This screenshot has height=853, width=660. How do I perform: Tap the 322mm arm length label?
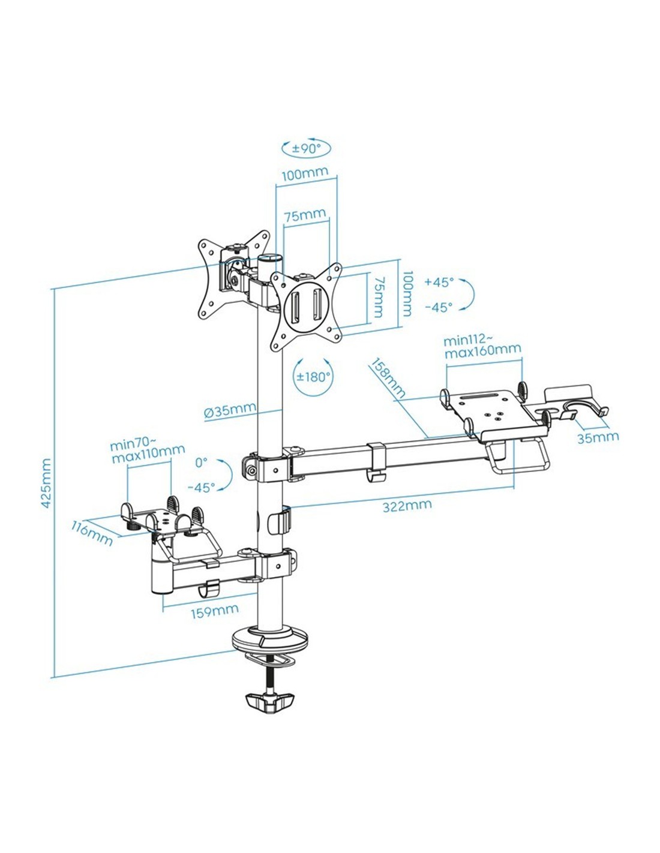(407, 505)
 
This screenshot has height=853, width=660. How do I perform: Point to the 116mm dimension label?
(92, 533)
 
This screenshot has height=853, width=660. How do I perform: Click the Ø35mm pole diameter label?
(230, 412)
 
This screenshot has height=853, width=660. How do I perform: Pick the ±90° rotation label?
(307, 148)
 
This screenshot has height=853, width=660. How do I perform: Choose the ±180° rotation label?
(314, 377)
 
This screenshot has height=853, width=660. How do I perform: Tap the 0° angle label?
(201, 462)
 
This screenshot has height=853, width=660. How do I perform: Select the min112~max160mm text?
(482, 346)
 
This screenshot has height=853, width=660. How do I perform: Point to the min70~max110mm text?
(147, 453)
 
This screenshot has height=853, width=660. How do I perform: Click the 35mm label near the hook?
(598, 437)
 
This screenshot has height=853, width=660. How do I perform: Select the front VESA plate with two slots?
(305, 307)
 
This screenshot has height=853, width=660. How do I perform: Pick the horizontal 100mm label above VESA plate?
(305, 174)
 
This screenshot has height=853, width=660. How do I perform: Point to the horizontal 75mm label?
(305, 215)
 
